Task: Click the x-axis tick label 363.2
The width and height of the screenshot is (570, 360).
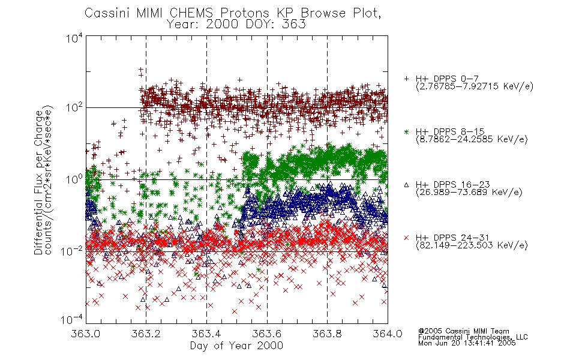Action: point(146,334)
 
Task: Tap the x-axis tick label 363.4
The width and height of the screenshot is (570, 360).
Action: point(206,334)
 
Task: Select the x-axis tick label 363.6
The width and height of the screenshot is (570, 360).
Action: point(267,334)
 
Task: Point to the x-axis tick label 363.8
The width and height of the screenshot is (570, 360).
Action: point(327,334)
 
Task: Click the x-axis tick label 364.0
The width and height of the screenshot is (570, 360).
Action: point(388,334)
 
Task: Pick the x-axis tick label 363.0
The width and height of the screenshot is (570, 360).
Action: point(85,334)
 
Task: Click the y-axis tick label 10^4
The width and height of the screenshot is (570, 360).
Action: point(74,38)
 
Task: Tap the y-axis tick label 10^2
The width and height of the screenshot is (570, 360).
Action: point(74,107)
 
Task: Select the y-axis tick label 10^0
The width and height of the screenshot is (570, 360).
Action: point(74,179)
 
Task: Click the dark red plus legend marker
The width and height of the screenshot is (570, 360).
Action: point(406,79)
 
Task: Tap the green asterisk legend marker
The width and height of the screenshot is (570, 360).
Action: point(406,131)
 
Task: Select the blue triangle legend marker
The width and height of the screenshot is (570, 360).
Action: point(406,185)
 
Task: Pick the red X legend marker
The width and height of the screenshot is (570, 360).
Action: point(406,238)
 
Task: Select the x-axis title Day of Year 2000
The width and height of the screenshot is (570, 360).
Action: point(236,346)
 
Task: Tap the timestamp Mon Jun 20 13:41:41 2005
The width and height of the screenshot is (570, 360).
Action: point(467,343)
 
